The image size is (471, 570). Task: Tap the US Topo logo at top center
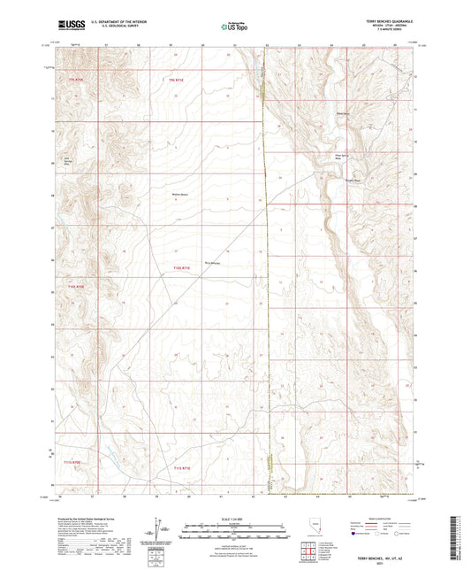pyautogui.click(x=235, y=26)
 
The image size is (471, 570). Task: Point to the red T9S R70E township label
pyautogui.click(x=77, y=81)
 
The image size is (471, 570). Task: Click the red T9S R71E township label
pyautogui.click(x=178, y=81)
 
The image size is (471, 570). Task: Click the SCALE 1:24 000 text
pyautogui.click(x=235, y=518)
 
